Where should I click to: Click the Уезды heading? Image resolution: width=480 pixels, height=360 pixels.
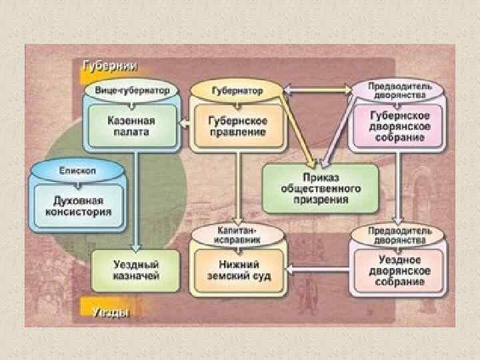pyautogui.click(x=105, y=311)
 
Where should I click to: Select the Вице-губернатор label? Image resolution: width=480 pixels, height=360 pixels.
pyautogui.click(x=131, y=89)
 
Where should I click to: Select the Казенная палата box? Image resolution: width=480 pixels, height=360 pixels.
pyautogui.click(x=132, y=126)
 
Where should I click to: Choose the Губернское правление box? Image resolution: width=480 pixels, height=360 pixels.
pyautogui.click(x=237, y=126)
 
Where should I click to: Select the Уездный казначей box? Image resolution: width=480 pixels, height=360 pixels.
pyautogui.click(x=136, y=271)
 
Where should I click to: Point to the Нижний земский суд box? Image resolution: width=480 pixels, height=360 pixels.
pyautogui.click(x=237, y=271)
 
